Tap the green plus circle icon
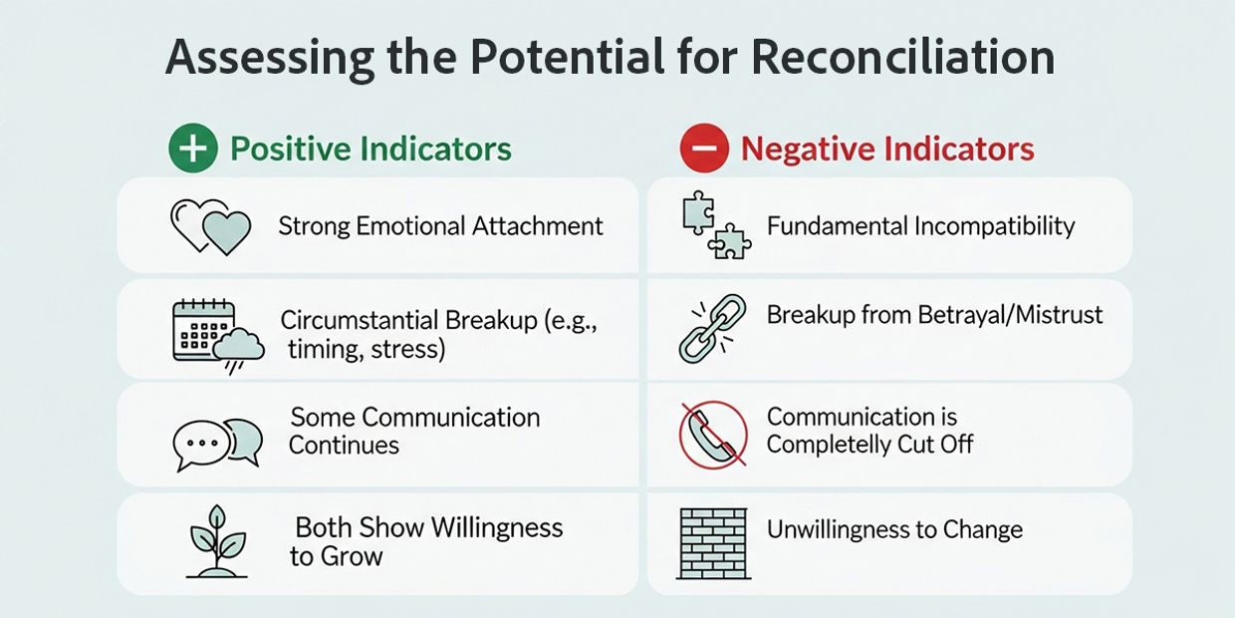192,150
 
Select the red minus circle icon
704,150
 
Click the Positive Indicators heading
370,150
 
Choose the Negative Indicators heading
887,150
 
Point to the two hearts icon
210,226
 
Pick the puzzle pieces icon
716,226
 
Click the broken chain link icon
713,328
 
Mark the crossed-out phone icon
713,434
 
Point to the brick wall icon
713,543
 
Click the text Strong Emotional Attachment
440,226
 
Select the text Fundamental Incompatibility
920,226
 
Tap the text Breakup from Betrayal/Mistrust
934,315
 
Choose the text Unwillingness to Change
894,529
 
